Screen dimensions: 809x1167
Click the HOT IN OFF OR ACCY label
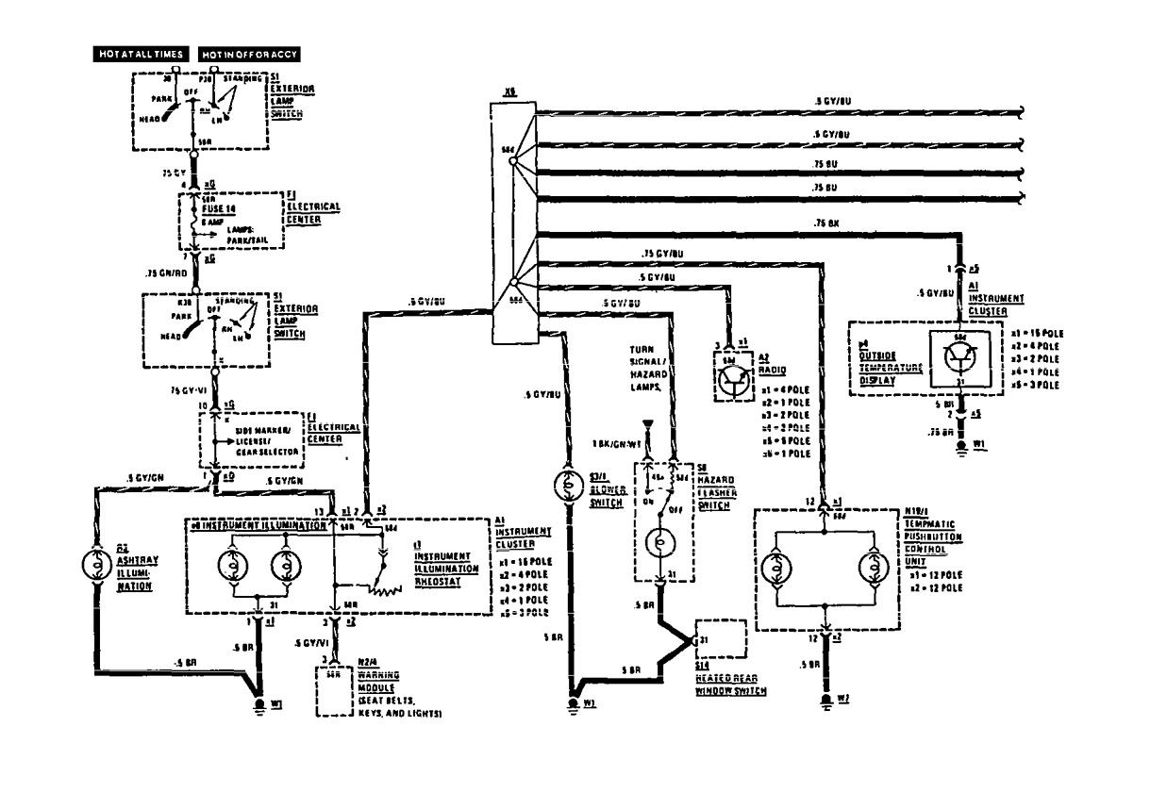tap(249, 55)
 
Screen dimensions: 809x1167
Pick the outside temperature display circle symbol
tap(959, 360)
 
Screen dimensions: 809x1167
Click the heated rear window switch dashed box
tap(722, 640)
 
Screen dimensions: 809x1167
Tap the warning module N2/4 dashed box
tap(334, 693)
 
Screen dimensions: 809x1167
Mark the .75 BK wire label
tap(826, 223)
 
